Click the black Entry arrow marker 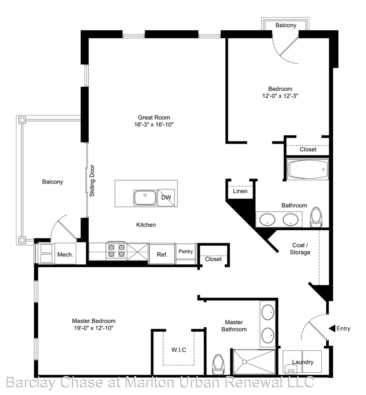(332, 328)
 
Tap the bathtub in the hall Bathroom (308, 169)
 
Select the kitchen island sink (145, 198)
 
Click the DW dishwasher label (166, 197)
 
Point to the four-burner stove (117, 251)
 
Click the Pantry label (185, 251)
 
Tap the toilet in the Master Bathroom (218, 364)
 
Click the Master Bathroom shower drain (244, 362)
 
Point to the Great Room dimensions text (154, 124)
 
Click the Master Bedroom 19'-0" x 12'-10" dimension (94, 328)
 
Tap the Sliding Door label (92, 181)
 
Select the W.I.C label (179, 350)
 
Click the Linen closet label (240, 191)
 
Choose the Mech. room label (65, 255)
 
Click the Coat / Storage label (300, 249)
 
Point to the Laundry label (303, 362)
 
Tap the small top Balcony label (286, 25)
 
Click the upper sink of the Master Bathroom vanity (268, 312)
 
